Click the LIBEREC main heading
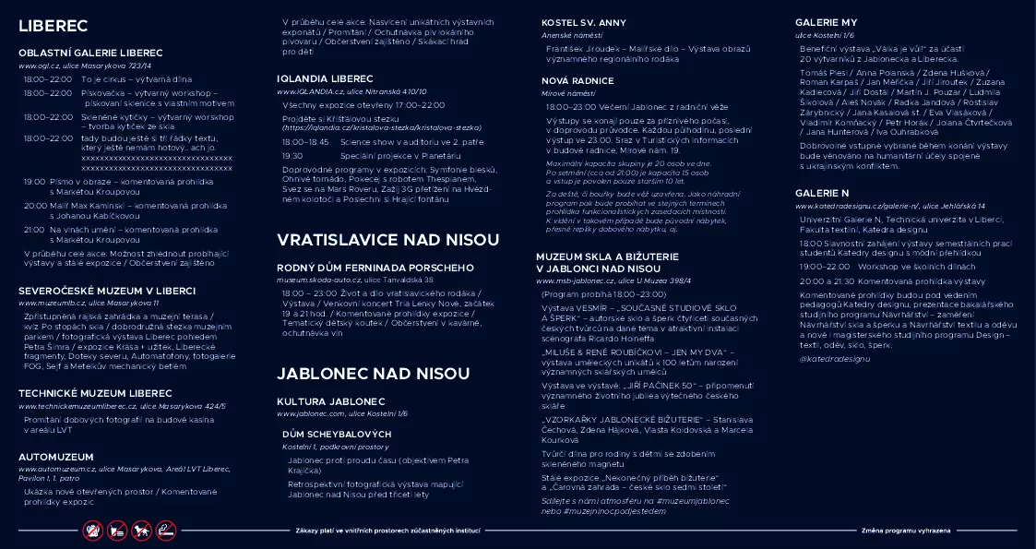54,26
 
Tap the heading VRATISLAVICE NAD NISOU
388,240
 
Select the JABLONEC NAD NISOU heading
361,374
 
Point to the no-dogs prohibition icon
141,531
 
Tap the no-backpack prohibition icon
92,531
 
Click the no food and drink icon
117,531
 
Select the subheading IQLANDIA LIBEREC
325,78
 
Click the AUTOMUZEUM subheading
56,456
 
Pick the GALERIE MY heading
826,22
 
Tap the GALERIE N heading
822,193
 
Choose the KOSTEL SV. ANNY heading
584,22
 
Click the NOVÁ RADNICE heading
578,81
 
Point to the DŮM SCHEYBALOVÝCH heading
337,434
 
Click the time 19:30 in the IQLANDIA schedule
292,156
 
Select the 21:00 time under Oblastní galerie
34,229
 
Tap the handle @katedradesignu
834,357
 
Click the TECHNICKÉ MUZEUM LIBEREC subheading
95,393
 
